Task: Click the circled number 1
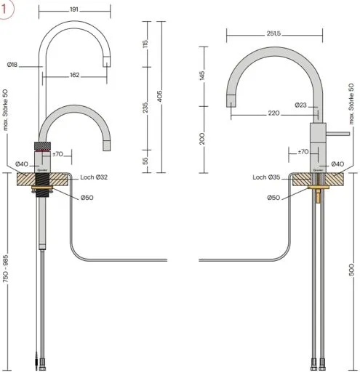[8, 8]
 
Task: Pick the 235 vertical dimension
[145, 108]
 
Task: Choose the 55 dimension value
[145, 160]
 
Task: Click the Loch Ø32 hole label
[95, 178]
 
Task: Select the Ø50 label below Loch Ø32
[87, 198]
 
